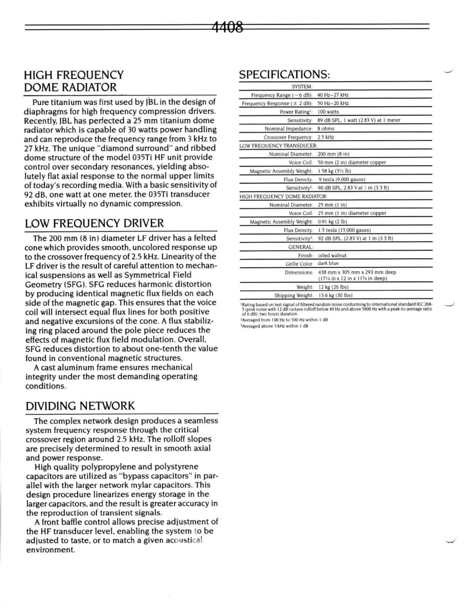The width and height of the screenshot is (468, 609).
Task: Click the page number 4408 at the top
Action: coord(226,26)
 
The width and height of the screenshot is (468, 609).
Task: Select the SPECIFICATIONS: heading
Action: coord(284,75)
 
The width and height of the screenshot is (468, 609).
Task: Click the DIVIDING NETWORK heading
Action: coord(80,406)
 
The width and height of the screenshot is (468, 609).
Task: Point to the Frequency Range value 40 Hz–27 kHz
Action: coord(333,95)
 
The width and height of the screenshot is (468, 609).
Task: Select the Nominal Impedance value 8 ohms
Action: coord(326,128)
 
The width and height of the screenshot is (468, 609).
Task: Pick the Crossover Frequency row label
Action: coord(288,137)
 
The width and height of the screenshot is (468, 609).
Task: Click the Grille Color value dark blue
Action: coord(328,263)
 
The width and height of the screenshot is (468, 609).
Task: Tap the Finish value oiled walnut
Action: coord(332,255)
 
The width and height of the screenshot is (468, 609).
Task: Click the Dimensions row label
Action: coord(298,272)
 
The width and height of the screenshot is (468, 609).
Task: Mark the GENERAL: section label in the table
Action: coord(300,247)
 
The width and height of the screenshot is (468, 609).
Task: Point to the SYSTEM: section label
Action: coord(302,87)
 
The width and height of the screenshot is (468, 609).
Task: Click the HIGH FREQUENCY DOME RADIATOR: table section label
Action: coord(284,196)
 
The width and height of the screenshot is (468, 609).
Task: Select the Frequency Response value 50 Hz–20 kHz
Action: coord(333,104)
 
